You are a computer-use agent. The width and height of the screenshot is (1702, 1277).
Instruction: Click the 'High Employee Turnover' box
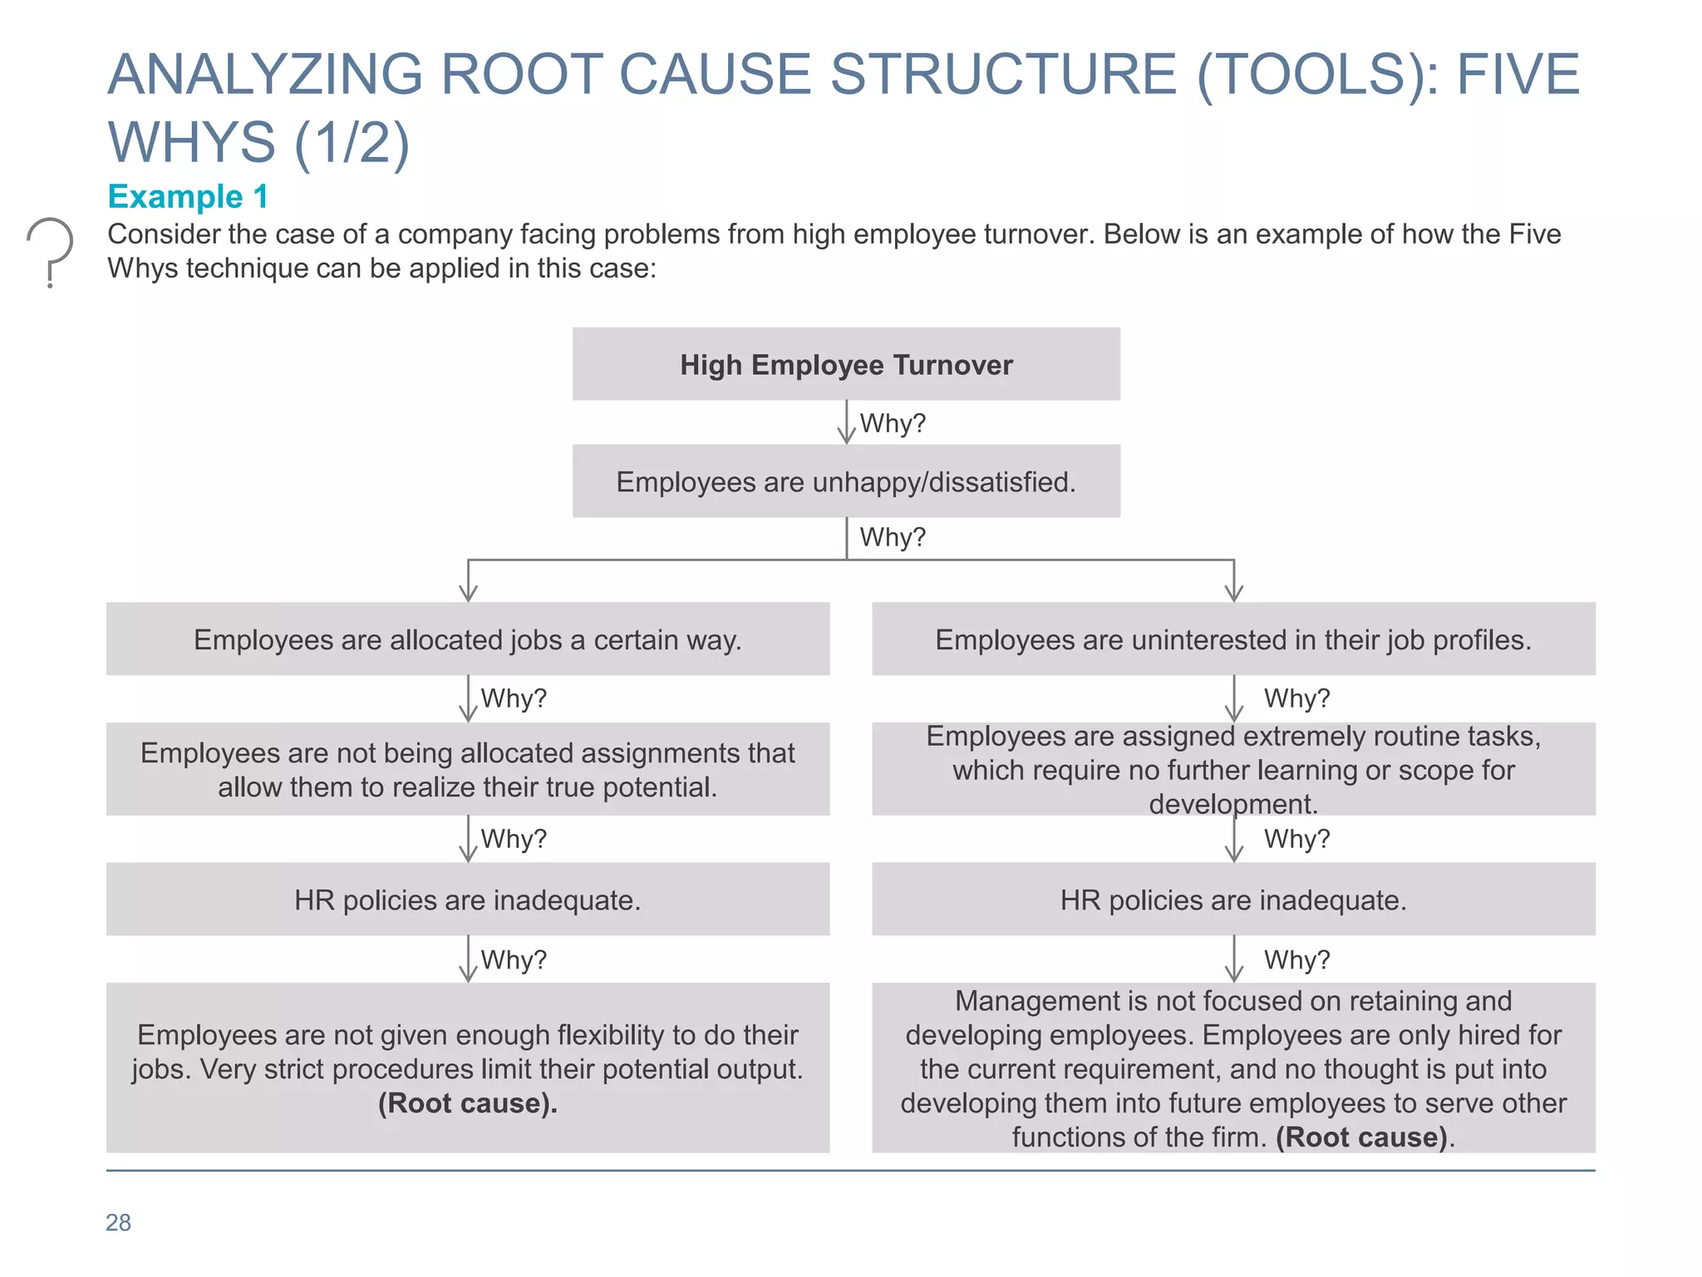pyautogui.click(x=846, y=364)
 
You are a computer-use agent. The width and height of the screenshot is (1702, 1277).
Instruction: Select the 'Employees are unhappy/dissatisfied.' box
pyautogui.click(x=846, y=481)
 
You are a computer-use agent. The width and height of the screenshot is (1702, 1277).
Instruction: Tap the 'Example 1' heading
pyautogui.click(x=188, y=197)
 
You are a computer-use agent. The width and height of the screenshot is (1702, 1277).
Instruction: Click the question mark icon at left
pyautogui.click(x=50, y=250)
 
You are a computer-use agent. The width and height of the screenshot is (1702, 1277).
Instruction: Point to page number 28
pyautogui.click(x=118, y=1222)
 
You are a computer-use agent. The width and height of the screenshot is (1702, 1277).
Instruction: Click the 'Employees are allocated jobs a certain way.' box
pyautogui.click(x=467, y=639)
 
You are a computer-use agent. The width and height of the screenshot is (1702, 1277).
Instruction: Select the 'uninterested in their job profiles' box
pyautogui.click(x=1233, y=639)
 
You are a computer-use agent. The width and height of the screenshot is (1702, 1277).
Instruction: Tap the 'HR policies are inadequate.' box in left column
pyautogui.click(x=467, y=900)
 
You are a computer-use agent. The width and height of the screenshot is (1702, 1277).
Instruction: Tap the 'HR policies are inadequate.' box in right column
pyautogui.click(x=1233, y=900)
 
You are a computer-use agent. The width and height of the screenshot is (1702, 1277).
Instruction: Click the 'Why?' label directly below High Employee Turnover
pyautogui.click(x=892, y=423)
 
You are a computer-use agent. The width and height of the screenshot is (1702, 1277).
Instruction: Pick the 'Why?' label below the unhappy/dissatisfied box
pyautogui.click(x=892, y=537)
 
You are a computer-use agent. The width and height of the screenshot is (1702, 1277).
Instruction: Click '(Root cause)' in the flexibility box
pyautogui.click(x=467, y=1103)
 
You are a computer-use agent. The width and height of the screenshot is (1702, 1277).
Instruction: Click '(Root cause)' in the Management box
pyautogui.click(x=1361, y=1137)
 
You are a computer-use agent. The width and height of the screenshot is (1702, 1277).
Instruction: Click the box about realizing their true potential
pyautogui.click(x=467, y=769)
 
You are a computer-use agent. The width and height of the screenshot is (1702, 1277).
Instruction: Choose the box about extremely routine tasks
pyautogui.click(x=1233, y=769)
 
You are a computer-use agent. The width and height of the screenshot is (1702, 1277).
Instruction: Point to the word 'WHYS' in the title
pyautogui.click(x=191, y=141)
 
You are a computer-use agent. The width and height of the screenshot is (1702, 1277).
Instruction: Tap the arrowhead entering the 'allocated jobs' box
pyautogui.click(x=468, y=594)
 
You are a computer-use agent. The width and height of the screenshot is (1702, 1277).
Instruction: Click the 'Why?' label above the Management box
pyautogui.click(x=1296, y=960)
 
